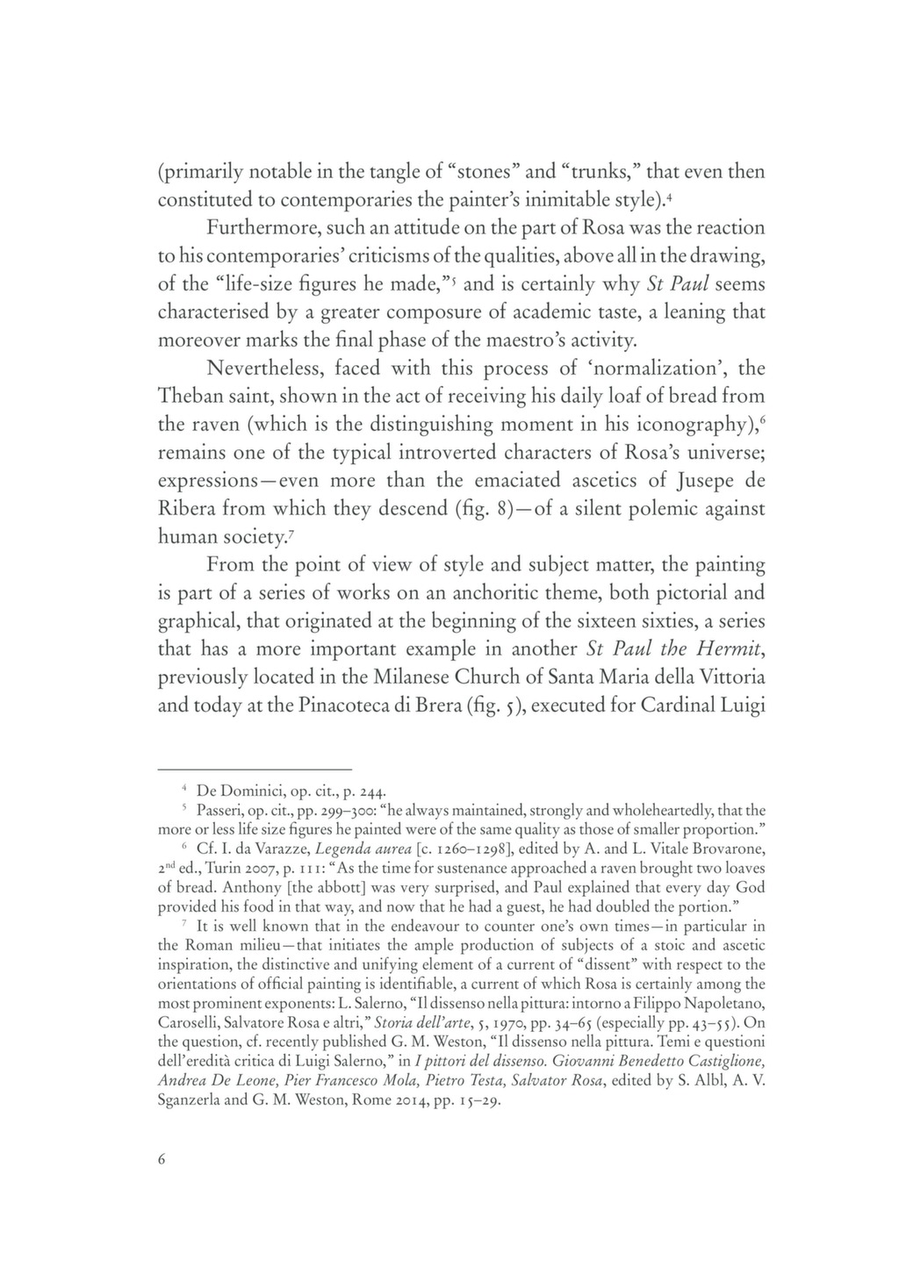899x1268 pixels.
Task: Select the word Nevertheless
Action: [272, 369]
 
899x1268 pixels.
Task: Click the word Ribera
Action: [187, 509]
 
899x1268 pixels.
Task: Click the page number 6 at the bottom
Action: [162, 1158]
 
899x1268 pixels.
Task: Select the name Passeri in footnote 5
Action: [222, 810]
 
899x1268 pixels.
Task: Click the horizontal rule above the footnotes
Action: [254, 768]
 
